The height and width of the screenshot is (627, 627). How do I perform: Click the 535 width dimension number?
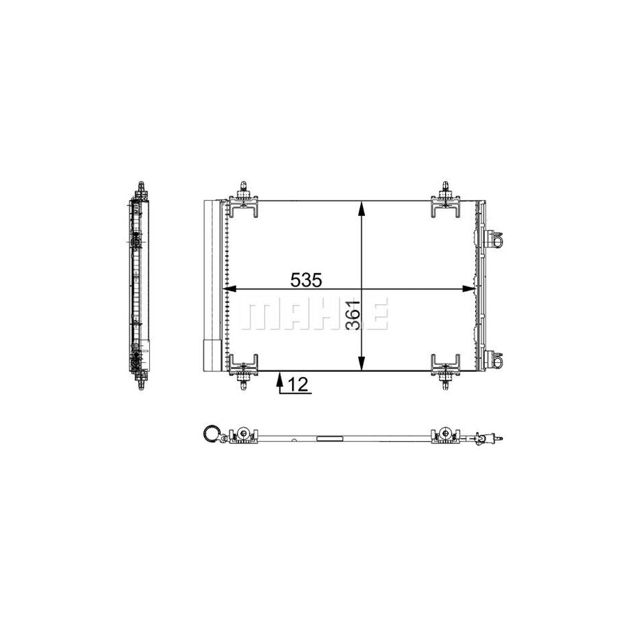point(306,280)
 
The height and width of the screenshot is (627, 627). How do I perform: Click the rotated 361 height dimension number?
point(353,315)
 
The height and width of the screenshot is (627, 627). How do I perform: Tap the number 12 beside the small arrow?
point(298,385)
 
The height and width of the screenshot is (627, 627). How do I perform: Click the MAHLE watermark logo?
point(314,313)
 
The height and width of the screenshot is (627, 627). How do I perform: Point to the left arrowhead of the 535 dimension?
point(229,288)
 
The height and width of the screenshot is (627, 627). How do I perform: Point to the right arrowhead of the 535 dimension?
point(469,288)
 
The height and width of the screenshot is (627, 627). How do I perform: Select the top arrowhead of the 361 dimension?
point(362,208)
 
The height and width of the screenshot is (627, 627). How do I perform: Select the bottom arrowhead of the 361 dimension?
point(362,364)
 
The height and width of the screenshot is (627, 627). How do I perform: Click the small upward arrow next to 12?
point(280,382)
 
